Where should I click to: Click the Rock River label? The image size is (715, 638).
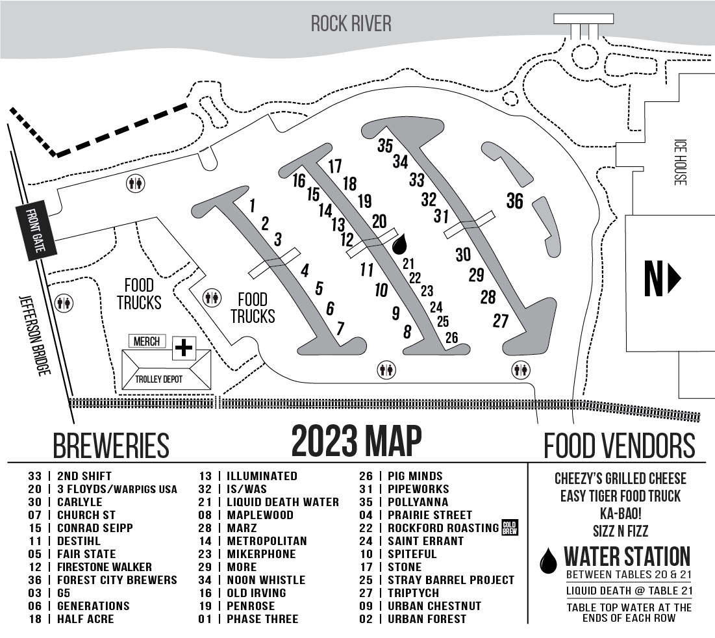pos(351,24)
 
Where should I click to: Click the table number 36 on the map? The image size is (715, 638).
pos(514,201)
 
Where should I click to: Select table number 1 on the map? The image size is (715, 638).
pos(252,206)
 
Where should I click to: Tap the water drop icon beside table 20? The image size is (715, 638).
pos(401,244)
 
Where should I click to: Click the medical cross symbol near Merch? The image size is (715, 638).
pos(184,348)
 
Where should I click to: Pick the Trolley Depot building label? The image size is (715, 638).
pos(166,379)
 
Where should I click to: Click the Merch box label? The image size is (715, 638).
pos(147,341)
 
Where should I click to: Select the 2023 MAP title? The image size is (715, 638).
pos(356,441)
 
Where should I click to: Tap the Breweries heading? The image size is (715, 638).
pos(111,446)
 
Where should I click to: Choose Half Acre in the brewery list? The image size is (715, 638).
pos(85,619)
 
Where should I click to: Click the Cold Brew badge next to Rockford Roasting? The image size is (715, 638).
pos(509,528)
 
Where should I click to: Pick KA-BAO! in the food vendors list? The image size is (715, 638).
pos(621,513)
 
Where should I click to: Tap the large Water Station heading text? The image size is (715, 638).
pos(627,557)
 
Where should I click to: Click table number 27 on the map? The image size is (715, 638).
pos(501,320)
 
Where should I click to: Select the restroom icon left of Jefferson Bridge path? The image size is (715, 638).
pos(64,302)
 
